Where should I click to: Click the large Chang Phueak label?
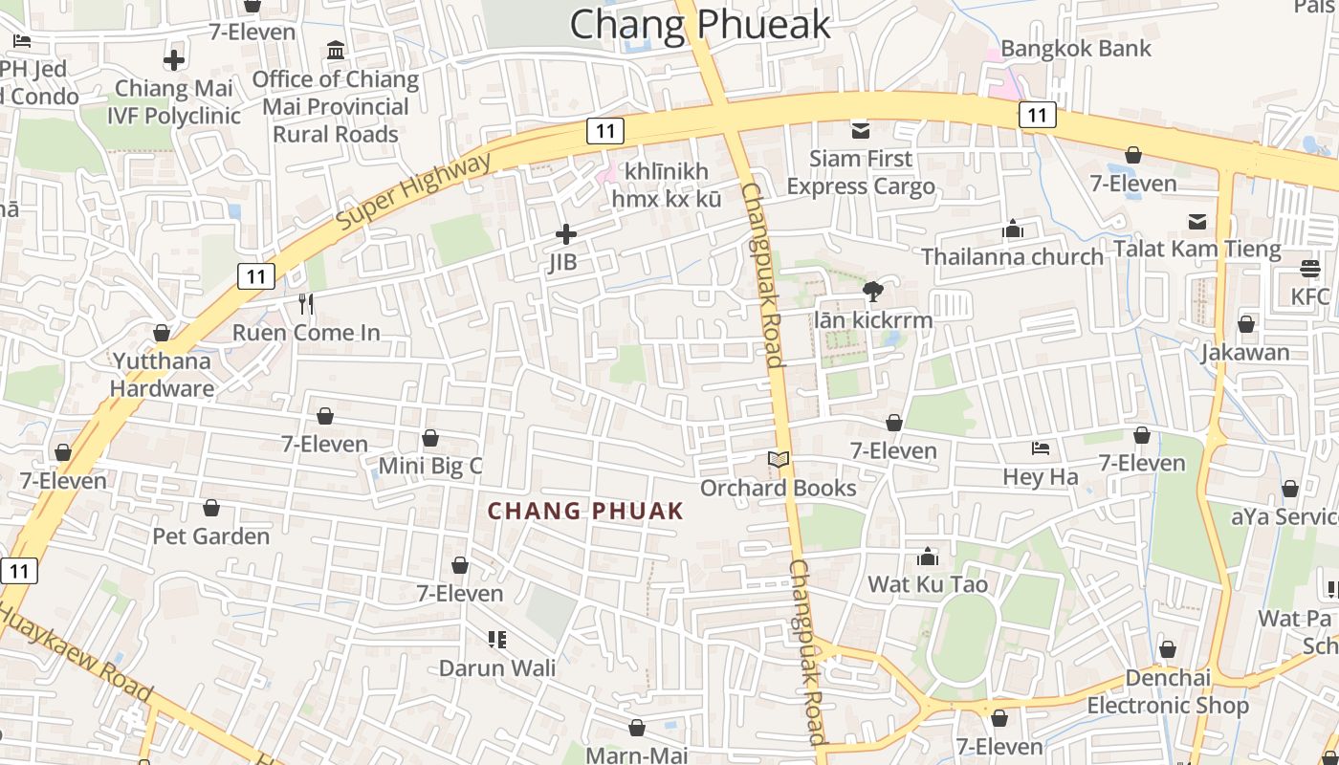(700, 24)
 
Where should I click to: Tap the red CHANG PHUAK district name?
(585, 511)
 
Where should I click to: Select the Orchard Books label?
(778, 488)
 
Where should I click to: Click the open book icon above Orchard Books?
(779, 461)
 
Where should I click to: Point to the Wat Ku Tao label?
(927, 583)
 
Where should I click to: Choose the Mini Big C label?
(430, 466)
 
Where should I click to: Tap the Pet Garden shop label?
(211, 535)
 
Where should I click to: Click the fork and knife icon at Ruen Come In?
(306, 304)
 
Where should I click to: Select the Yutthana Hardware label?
(162, 375)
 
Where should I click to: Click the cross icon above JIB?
(566, 233)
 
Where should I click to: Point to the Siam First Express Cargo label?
(860, 172)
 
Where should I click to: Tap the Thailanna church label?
(1012, 256)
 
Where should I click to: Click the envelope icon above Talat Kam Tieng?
(1196, 222)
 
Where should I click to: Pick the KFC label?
(1309, 296)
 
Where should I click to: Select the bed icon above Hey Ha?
(1041, 448)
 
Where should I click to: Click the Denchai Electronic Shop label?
(1168, 691)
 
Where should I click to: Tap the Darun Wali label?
(496, 667)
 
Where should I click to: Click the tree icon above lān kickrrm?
(872, 292)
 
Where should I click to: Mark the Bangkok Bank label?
(1076, 48)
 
